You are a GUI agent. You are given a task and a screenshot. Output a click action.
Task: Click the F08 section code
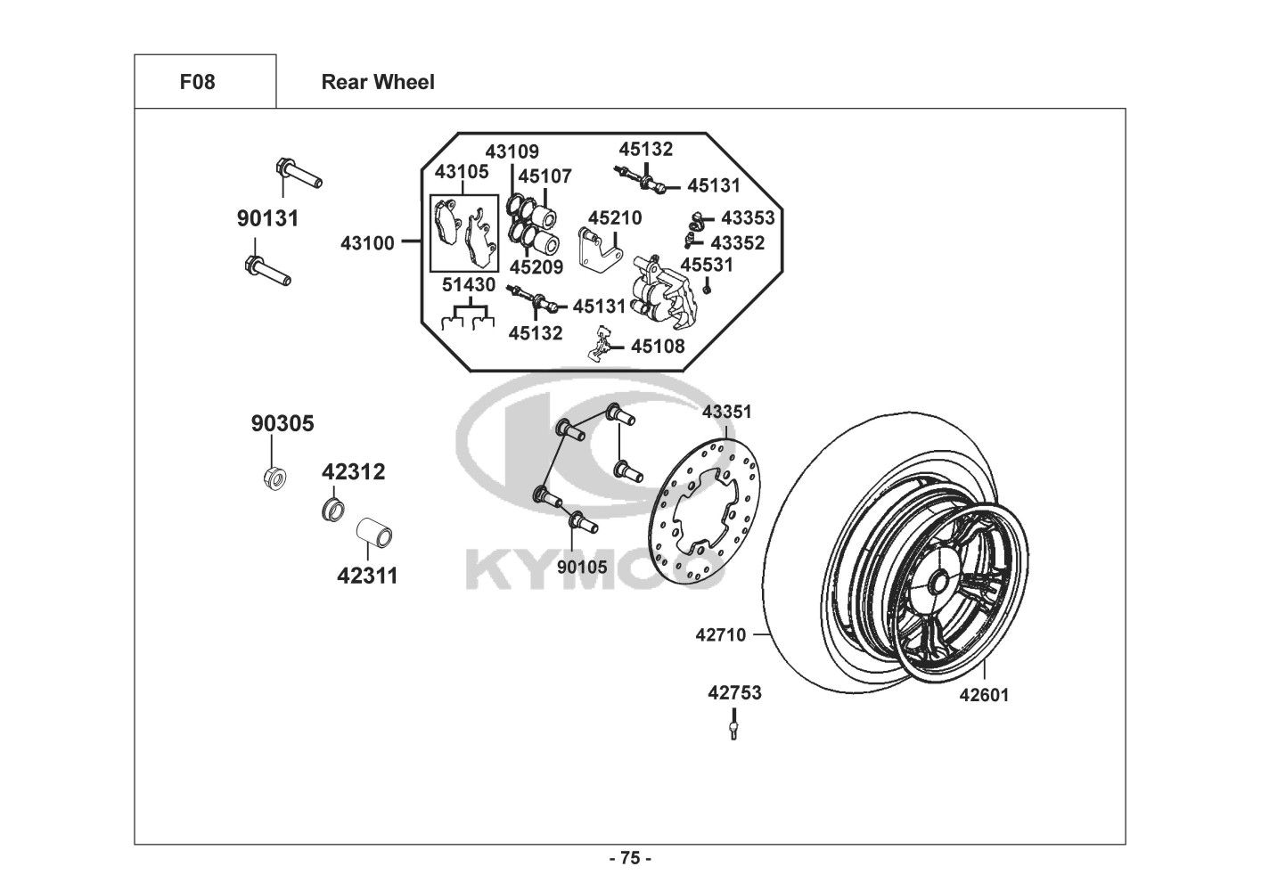click(x=197, y=82)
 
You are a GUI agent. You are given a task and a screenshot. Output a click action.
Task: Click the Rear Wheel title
click(x=378, y=82)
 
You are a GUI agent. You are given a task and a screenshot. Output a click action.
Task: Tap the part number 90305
click(x=282, y=423)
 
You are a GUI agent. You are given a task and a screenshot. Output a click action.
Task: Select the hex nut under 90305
click(x=275, y=478)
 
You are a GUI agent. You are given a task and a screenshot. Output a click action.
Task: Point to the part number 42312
click(x=354, y=471)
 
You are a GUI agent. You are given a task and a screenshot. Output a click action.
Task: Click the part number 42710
click(x=720, y=634)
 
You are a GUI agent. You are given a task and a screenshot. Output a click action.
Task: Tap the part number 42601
click(x=984, y=694)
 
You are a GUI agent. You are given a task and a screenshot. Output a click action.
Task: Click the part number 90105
click(x=582, y=567)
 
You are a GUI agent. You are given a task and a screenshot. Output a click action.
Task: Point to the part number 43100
click(x=367, y=241)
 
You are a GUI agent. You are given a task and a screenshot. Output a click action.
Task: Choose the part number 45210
click(x=615, y=217)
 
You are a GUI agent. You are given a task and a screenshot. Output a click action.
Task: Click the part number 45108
click(x=658, y=346)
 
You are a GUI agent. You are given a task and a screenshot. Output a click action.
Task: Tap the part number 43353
click(x=748, y=217)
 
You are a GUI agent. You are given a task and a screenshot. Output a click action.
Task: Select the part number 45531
click(x=707, y=265)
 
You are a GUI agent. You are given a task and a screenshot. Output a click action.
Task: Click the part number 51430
click(x=471, y=285)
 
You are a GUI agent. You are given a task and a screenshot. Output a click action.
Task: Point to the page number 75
click(x=630, y=859)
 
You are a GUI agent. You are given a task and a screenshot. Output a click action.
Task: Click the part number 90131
click(x=267, y=217)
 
